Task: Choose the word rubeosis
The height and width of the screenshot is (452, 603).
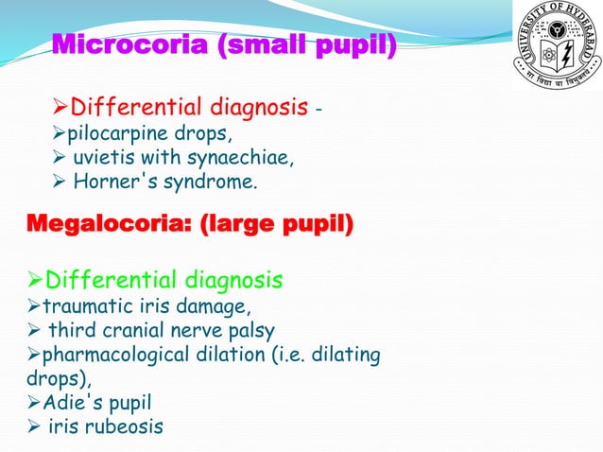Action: coord(123,426)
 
